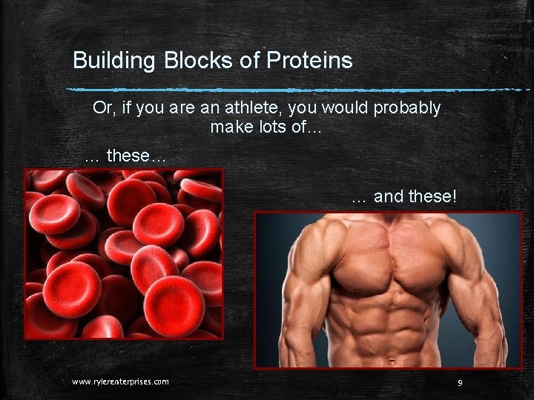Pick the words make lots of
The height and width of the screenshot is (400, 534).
265,127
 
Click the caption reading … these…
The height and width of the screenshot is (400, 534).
126,156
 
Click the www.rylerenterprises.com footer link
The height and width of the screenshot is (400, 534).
120,381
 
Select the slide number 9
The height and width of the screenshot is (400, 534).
461,382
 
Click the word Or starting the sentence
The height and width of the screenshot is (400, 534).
102,108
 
